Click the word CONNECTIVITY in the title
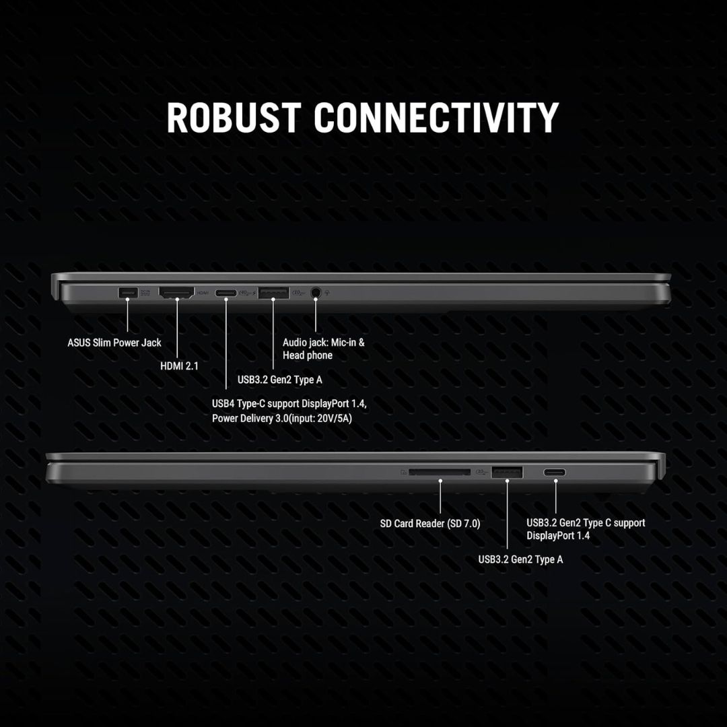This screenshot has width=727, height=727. click(x=436, y=117)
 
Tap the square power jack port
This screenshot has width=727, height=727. click(x=127, y=293)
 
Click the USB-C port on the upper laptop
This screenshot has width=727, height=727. click(x=226, y=293)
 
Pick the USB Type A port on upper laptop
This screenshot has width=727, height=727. click(x=273, y=293)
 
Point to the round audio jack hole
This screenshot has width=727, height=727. click(x=315, y=293)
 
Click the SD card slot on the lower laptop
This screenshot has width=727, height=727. click(x=440, y=472)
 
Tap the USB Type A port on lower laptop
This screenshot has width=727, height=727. click(x=506, y=472)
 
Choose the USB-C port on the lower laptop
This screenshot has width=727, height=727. click(x=555, y=472)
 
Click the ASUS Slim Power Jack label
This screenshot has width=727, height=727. click(x=114, y=343)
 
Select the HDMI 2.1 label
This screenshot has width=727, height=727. click(x=179, y=367)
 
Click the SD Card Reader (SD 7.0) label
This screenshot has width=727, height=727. click(x=430, y=523)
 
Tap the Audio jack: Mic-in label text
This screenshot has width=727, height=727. click(x=324, y=342)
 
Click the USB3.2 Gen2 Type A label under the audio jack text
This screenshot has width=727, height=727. click(x=279, y=380)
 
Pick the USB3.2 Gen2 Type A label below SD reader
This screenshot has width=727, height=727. click(x=520, y=559)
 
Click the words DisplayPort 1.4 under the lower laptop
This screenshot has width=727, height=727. click(x=558, y=536)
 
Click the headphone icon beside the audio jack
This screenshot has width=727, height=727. click(x=328, y=293)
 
